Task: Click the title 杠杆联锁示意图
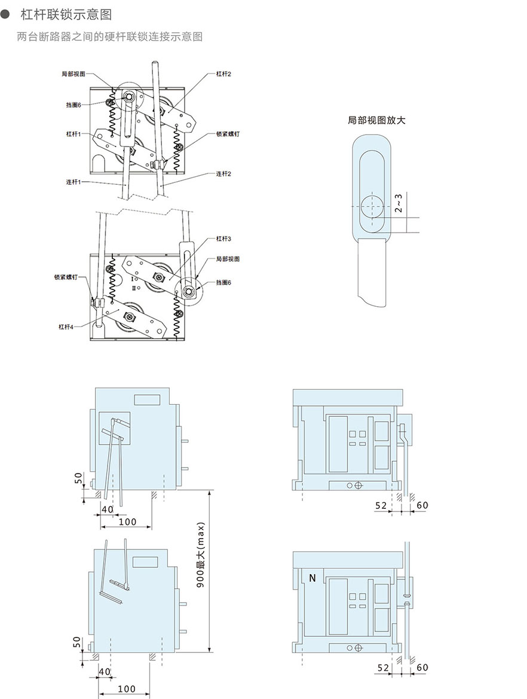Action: coord(66,15)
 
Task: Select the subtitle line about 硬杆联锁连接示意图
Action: coord(109,36)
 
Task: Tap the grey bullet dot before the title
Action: coord(5,15)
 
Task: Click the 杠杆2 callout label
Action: coord(223,74)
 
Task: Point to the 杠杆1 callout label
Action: coord(73,134)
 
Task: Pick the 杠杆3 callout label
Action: coord(223,239)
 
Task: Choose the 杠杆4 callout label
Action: coord(66,326)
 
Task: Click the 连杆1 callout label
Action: coord(73,182)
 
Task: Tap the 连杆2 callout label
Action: coord(223,174)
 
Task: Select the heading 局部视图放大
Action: coord(376,120)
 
